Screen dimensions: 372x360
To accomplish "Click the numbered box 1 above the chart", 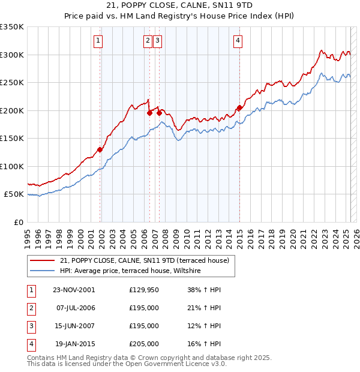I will click(97, 41).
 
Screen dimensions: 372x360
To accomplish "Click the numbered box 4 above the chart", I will click(238, 41).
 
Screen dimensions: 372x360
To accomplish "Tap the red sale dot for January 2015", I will click(239, 108).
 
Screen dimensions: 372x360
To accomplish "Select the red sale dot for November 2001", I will click(100, 149).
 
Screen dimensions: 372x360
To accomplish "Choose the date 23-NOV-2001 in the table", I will click(74, 290).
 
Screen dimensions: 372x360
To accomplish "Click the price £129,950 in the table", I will click(144, 290).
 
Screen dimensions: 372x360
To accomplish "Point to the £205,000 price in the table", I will click(144, 344).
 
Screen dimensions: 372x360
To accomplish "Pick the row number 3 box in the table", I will click(31, 326).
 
